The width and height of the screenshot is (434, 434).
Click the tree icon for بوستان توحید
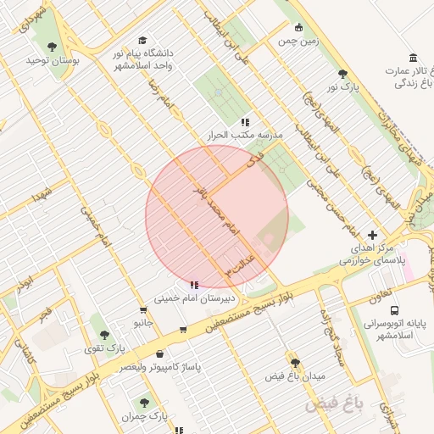[x=53, y=47]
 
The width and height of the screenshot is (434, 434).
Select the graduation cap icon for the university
[x=142, y=40]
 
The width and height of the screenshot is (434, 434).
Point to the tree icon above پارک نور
[x=342, y=74]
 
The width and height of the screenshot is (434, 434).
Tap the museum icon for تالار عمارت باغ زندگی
[x=413, y=58]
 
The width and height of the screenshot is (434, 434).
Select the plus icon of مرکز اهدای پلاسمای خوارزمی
[x=374, y=235]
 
